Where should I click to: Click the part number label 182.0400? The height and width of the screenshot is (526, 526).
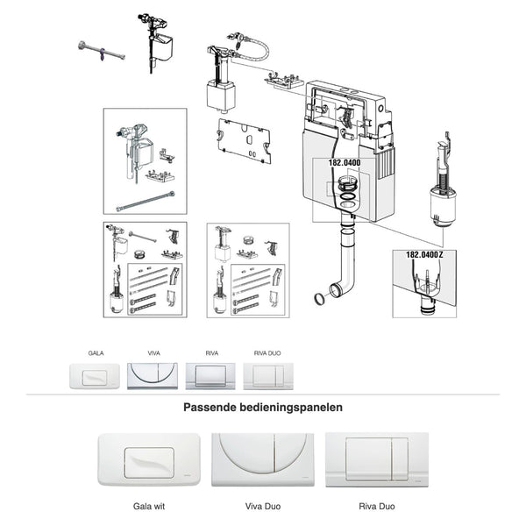345,163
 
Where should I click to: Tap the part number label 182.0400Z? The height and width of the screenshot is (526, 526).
424,255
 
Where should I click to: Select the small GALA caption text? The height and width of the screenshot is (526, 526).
96,353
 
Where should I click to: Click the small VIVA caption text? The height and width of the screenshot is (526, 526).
153,353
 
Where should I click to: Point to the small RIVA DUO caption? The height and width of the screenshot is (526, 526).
267,353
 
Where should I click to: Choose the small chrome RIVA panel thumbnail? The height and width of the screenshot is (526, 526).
210,376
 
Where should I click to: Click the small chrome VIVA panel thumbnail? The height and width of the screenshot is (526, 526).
153,376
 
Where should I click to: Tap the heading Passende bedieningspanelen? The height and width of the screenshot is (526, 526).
263,408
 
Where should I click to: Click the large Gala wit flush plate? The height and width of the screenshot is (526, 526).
149,459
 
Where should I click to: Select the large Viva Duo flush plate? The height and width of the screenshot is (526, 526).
263,459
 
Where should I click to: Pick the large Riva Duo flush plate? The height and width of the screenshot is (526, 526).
377,459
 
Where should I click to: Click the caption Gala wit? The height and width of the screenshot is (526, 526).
149,506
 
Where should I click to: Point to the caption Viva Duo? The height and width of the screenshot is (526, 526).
263,506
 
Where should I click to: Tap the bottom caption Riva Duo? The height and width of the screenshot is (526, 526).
377,506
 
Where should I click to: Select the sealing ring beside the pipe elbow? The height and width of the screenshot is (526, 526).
319,299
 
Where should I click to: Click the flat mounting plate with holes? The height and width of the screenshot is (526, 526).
244,140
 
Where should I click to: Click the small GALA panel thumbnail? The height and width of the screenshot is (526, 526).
95,376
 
